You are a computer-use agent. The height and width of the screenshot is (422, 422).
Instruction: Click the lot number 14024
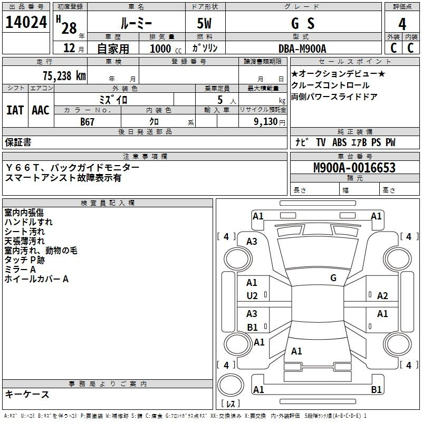click(26, 22)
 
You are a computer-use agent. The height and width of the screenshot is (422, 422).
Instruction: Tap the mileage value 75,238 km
click(64, 76)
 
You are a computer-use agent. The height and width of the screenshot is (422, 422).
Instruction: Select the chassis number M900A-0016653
click(354, 168)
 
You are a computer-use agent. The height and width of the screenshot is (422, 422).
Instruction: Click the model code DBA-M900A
click(302, 49)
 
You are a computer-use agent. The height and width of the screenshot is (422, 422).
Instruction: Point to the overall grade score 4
click(402, 24)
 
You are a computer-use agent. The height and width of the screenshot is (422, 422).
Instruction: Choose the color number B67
click(87, 122)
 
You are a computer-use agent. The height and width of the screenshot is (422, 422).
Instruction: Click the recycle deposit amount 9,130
click(265, 122)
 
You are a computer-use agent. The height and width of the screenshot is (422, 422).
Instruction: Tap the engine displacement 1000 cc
click(166, 49)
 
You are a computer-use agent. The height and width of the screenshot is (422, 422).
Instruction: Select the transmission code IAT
click(15, 110)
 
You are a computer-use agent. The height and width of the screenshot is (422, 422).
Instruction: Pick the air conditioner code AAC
click(41, 110)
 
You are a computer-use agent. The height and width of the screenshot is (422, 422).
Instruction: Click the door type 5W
click(204, 23)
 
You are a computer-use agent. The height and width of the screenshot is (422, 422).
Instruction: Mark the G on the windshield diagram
click(333, 277)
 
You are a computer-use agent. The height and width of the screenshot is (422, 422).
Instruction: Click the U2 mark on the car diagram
click(252, 296)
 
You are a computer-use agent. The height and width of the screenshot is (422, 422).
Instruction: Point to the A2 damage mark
click(382, 296)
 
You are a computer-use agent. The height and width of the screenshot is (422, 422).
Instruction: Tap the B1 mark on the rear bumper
click(376, 389)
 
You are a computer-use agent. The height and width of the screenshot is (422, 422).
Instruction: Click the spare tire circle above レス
click(231, 386)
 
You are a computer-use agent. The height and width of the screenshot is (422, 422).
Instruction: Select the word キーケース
click(27, 394)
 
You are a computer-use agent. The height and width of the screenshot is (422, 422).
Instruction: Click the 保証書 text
click(18, 142)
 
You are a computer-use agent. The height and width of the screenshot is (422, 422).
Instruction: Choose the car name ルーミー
click(136, 23)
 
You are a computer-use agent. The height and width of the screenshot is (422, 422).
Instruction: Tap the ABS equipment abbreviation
click(339, 142)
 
